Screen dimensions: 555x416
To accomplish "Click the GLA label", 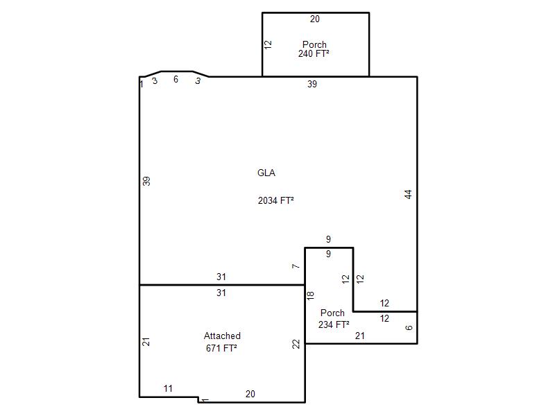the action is [266, 173].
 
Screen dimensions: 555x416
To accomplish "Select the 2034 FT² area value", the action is [275, 200].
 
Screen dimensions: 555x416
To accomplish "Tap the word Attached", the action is [222, 336].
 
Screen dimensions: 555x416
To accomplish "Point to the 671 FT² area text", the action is [221, 348].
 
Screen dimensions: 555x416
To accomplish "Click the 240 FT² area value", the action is [314, 53].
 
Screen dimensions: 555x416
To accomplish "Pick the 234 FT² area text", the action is [334, 324].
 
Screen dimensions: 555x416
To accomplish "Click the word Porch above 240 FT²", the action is [314, 44].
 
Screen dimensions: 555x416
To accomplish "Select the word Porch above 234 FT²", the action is [332, 313].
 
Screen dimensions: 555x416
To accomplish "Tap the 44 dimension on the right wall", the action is [408, 194].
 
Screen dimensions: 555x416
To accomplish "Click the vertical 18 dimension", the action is [310, 296].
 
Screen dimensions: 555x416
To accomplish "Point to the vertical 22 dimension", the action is [296, 344].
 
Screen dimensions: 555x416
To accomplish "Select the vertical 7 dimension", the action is [296, 266].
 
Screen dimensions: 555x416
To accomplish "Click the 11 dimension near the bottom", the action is [168, 388].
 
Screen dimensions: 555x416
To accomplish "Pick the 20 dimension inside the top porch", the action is [315, 19].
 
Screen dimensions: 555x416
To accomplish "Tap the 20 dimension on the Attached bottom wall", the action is [250, 394].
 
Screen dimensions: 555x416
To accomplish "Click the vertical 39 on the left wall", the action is [146, 181].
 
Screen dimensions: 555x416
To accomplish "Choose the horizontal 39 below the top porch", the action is [311, 84].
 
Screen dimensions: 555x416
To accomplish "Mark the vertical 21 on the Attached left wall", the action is [146, 342].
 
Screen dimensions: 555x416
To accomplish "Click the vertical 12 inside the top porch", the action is [268, 44].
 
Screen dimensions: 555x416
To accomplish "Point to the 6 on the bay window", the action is [176, 79].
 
